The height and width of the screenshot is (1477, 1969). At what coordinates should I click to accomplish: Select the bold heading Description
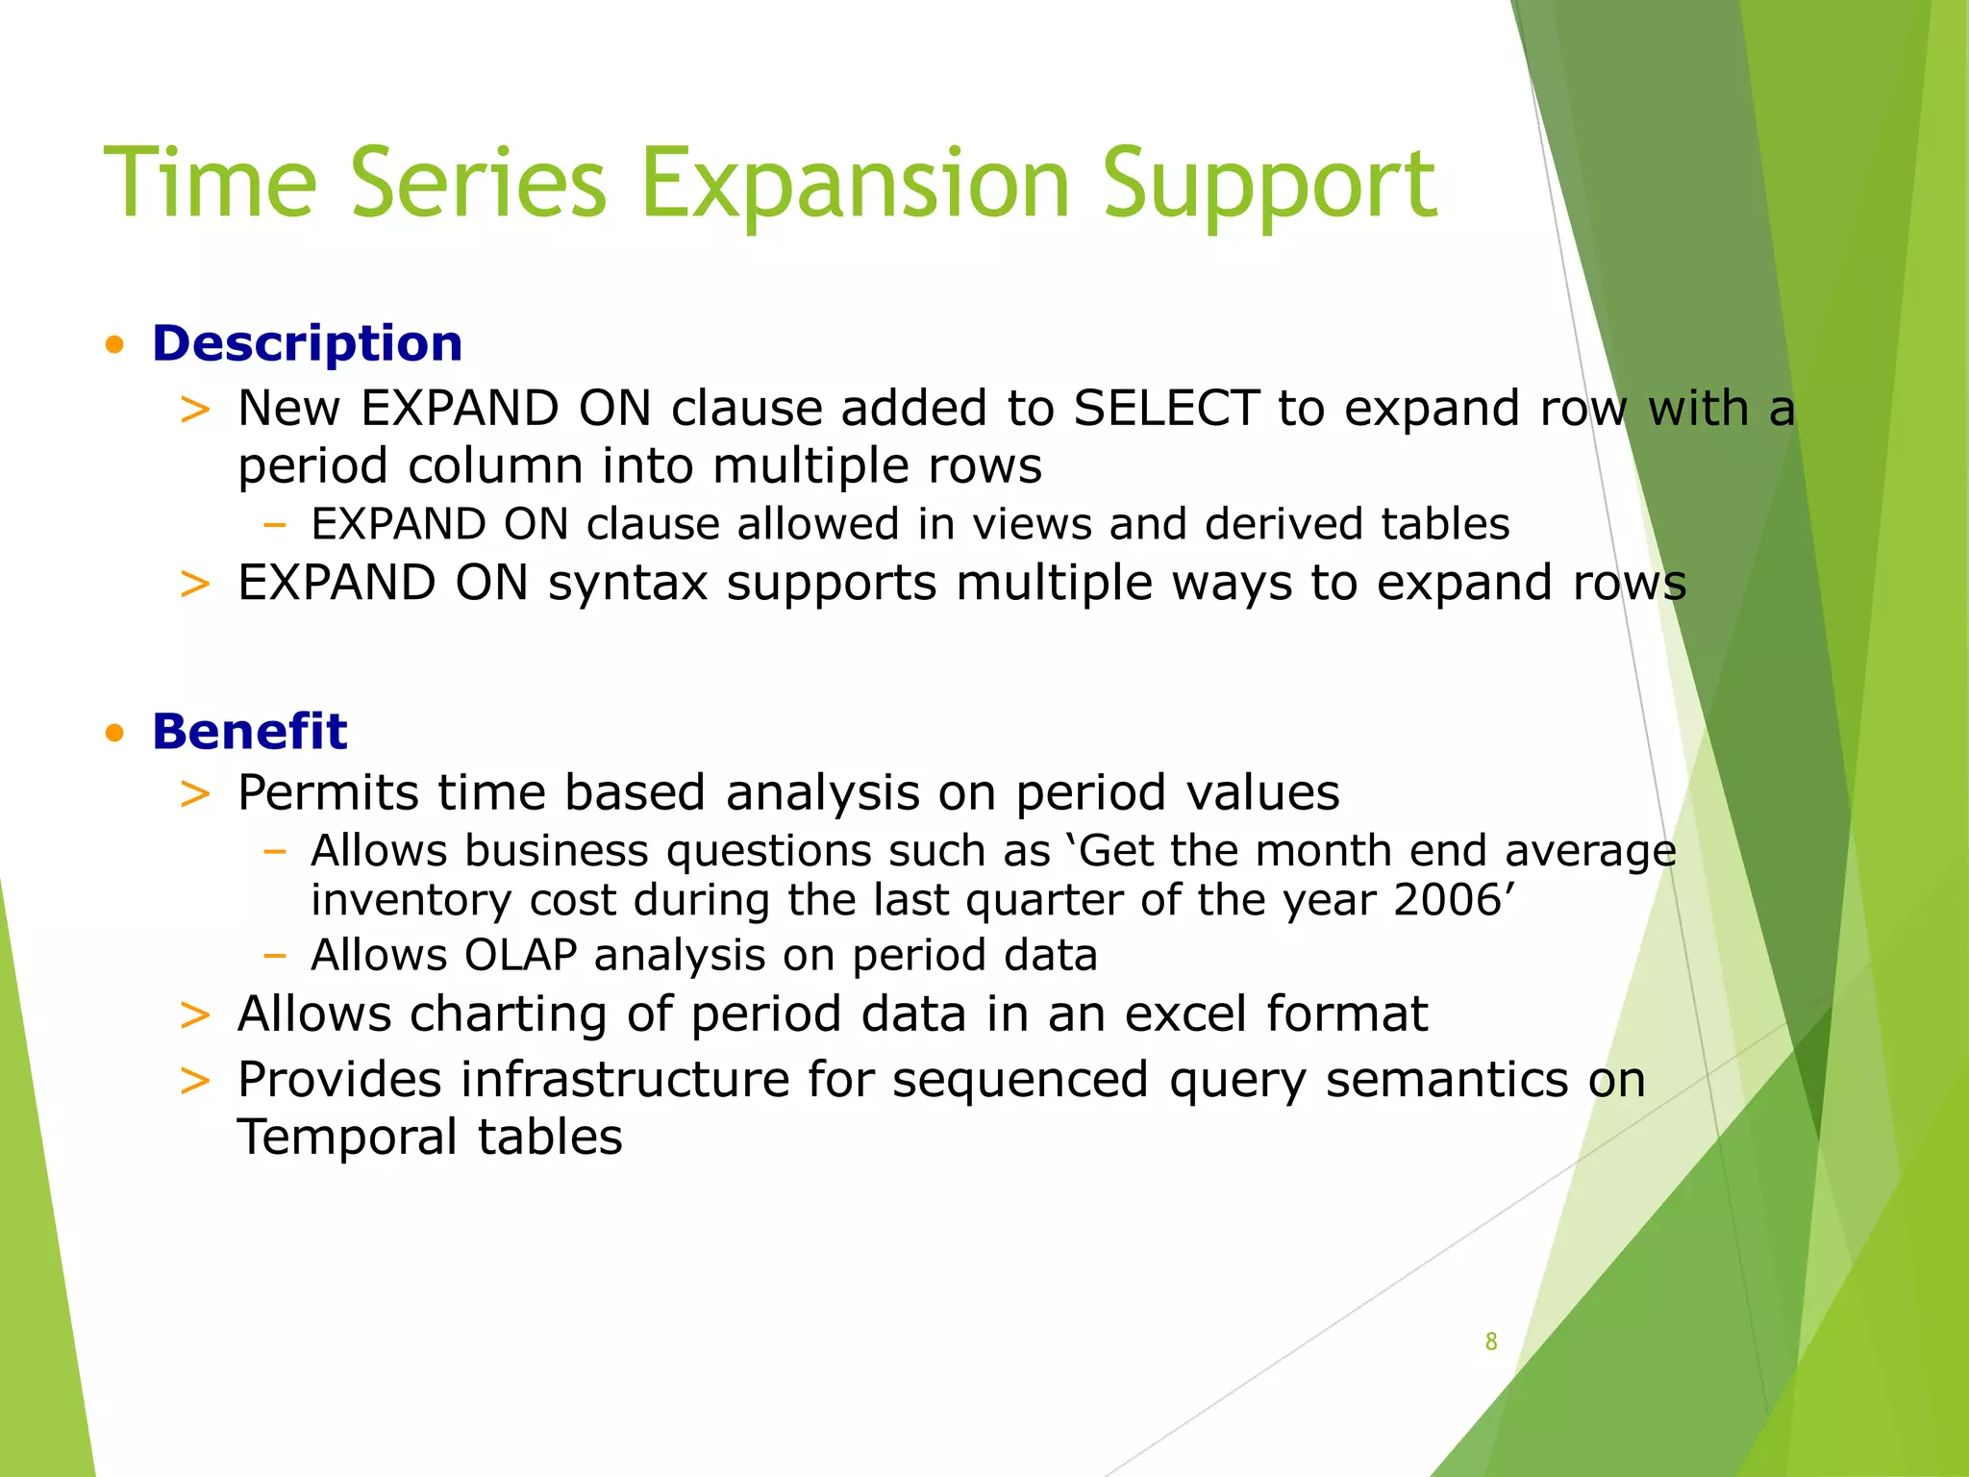[307, 343]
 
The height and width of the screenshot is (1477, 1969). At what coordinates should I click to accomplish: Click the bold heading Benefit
[249, 732]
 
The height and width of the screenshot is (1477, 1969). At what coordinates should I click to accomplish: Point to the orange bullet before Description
[115, 345]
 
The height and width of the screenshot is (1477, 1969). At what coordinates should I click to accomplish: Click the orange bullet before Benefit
[115, 734]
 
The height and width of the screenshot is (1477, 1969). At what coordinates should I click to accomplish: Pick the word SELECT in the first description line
[1165, 408]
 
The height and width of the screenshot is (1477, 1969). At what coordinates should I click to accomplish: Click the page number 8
[1490, 1341]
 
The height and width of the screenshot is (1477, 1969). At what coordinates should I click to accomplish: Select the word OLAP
[520, 955]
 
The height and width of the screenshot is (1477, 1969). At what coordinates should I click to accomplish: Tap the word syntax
[628, 583]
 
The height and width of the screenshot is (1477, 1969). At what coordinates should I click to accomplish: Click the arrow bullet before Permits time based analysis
[195, 794]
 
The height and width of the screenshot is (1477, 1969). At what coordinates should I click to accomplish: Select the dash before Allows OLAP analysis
[275, 956]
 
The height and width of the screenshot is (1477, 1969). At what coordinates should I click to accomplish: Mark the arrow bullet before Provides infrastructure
[195, 1081]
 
